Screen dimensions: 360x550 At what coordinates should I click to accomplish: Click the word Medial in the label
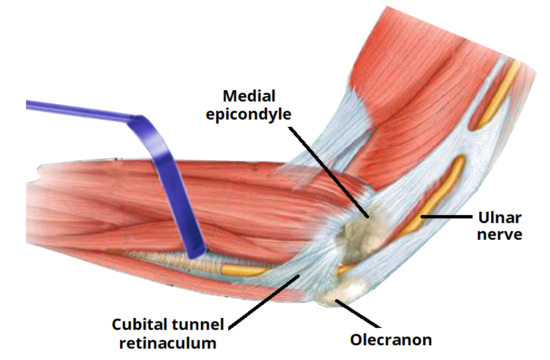249,96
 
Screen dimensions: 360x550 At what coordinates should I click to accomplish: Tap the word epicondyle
249,114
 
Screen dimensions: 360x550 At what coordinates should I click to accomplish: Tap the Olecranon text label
390,340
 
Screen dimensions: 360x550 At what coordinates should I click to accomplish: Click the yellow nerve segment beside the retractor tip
244,271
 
